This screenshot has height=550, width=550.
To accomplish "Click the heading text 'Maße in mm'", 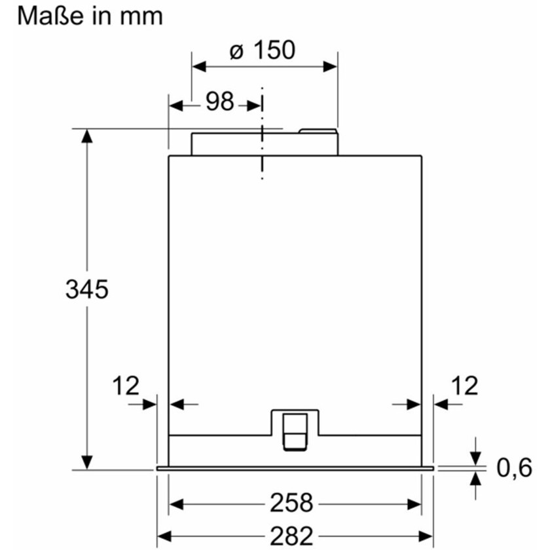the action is click(x=90, y=16).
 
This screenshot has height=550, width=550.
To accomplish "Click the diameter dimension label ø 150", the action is click(x=263, y=50).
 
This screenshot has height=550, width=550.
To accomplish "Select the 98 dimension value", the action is click(x=219, y=101).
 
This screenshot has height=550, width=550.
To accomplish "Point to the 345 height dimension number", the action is click(x=87, y=289).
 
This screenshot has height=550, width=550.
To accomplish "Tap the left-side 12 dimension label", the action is click(x=126, y=386).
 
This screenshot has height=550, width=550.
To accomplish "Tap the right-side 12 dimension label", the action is click(x=464, y=386).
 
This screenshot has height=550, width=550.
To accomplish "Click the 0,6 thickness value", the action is click(x=514, y=467).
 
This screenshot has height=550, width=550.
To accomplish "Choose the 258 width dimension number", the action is click(x=291, y=503).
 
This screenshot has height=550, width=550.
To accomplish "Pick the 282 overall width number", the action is click(x=291, y=536).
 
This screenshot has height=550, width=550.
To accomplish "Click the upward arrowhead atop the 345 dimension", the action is click(x=86, y=136).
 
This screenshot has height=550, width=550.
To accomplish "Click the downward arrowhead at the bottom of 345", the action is click(x=86, y=462).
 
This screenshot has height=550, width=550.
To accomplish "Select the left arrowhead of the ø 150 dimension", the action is click(x=199, y=66).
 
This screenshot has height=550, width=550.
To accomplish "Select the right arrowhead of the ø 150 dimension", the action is click(x=330, y=66).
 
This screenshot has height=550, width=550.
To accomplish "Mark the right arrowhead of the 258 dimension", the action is click(x=414, y=505).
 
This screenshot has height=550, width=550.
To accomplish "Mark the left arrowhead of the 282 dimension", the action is click(x=164, y=536).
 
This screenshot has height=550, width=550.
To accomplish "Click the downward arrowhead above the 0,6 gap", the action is click(x=475, y=458).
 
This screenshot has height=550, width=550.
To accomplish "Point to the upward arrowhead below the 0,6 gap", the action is click(x=475, y=478).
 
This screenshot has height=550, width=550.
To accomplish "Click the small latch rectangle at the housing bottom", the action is click(x=295, y=431).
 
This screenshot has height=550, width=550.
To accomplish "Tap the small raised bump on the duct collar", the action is click(x=318, y=131).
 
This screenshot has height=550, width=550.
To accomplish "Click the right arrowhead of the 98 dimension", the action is click(x=254, y=105).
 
